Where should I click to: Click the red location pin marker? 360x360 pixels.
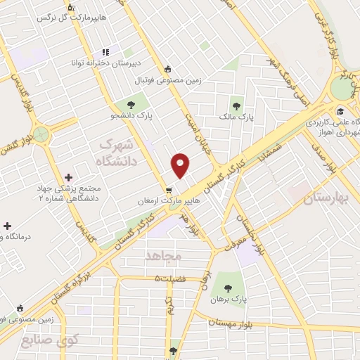click(181, 165)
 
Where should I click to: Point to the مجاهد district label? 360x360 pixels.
click(162, 255)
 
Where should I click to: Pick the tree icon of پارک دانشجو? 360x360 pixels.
click(131, 105)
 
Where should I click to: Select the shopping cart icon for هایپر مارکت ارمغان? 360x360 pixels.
click(169, 190)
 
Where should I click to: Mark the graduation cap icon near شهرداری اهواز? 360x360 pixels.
click(340, 111)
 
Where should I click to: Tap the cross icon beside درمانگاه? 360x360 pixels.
click(8, 226)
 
